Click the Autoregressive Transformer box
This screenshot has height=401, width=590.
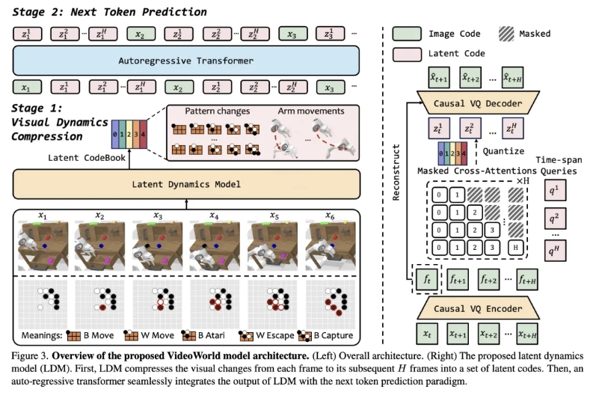(x=186, y=61)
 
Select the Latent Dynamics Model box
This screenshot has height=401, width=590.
(x=186, y=184)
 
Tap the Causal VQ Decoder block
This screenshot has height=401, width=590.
(x=476, y=102)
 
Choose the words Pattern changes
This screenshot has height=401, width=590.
(x=213, y=111)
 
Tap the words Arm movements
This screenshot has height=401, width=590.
(x=312, y=111)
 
